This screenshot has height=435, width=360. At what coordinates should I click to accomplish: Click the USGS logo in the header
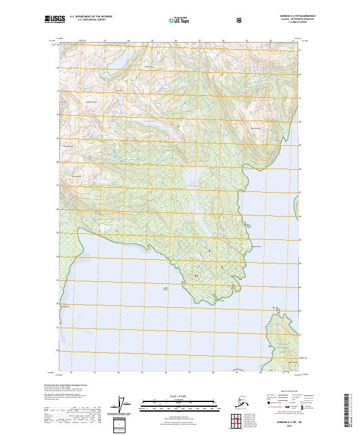pyautogui.click(x=56, y=20)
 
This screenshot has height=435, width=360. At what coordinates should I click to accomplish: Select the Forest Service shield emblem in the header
pyautogui.click(x=240, y=20)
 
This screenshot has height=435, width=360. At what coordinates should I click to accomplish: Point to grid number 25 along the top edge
pyautogui.click(x=152, y=41)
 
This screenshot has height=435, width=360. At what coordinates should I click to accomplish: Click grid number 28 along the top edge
pyautogui.click(x=223, y=41)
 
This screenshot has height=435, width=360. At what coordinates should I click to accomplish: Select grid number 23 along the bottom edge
pyautogui.click(x=95, y=373)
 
